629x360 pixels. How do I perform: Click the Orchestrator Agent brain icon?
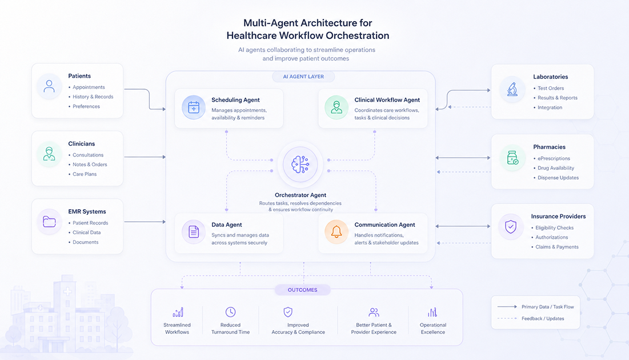(301, 164)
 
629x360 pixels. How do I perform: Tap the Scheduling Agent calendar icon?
(194, 107)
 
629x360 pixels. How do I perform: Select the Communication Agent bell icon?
(336, 231)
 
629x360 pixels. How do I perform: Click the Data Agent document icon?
(194, 231)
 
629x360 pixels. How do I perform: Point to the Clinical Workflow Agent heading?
(387, 100)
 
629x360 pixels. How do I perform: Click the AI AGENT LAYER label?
(303, 77)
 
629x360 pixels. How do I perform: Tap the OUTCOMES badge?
(302, 290)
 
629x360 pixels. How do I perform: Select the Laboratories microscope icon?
(512, 89)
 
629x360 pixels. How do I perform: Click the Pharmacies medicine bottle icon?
(512, 158)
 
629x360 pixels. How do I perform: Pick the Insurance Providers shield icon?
(511, 227)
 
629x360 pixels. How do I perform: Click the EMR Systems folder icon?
(49, 222)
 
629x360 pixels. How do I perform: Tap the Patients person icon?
(49, 86)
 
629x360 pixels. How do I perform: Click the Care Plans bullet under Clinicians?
(82, 174)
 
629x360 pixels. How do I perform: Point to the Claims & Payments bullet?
(555, 247)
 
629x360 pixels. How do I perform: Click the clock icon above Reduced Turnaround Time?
(230, 312)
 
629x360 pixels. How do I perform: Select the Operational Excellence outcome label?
(433, 329)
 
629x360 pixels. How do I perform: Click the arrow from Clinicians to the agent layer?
(145, 157)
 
